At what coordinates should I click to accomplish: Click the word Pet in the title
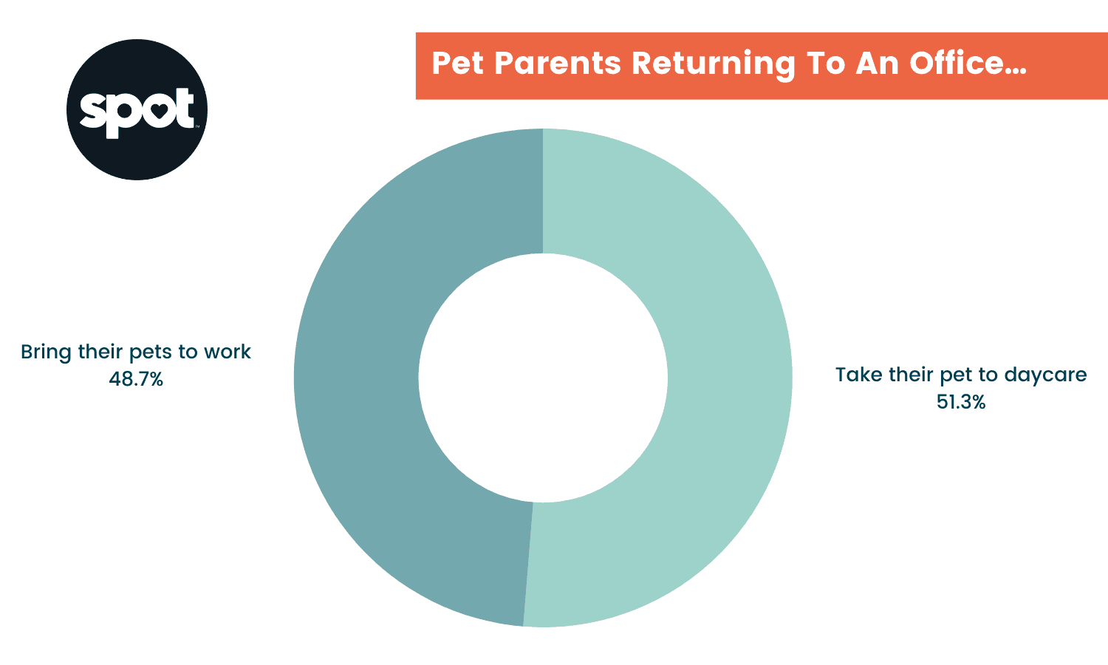click(x=452, y=64)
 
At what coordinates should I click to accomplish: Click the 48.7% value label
click(x=136, y=379)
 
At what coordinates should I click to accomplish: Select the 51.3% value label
click(x=961, y=402)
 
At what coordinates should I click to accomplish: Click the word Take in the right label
click(x=857, y=375)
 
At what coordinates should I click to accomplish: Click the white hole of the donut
click(x=543, y=377)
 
